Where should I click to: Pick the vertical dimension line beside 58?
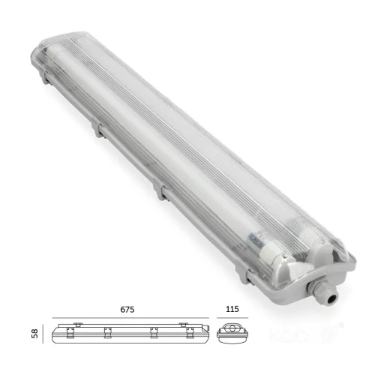(47, 331)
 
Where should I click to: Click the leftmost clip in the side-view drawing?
(77, 325)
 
